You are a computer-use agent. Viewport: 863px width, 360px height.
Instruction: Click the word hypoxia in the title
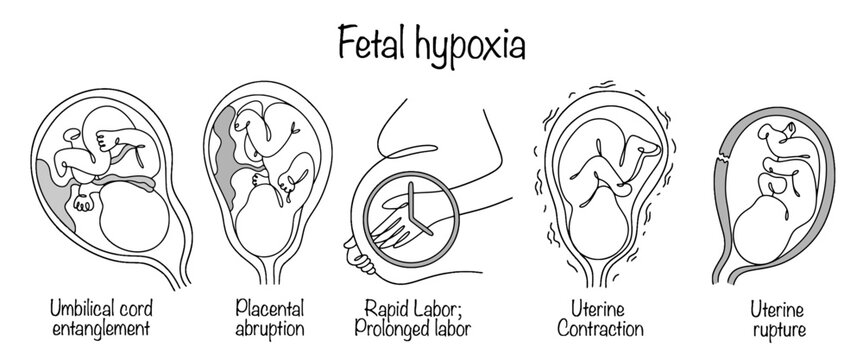click(475, 45)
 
